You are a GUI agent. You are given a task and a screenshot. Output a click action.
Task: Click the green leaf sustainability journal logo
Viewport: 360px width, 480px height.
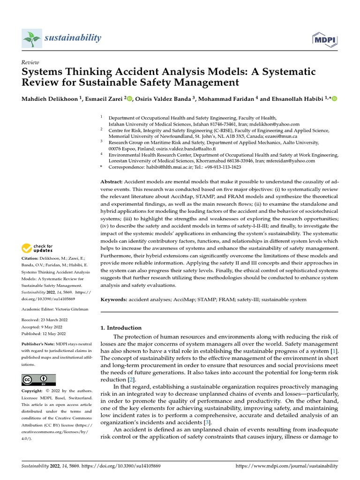click(32, 37)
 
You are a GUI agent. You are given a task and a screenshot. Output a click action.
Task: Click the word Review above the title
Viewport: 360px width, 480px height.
click(30, 62)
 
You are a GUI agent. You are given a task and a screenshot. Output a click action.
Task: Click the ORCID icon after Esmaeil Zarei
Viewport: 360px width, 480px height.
click(129, 98)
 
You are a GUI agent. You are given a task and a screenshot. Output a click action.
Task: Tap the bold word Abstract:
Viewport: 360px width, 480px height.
click(112, 181)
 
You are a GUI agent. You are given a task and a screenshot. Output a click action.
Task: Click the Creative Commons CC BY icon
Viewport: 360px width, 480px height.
click(38, 380)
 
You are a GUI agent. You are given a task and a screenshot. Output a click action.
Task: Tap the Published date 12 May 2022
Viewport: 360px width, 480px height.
click(54, 333)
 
